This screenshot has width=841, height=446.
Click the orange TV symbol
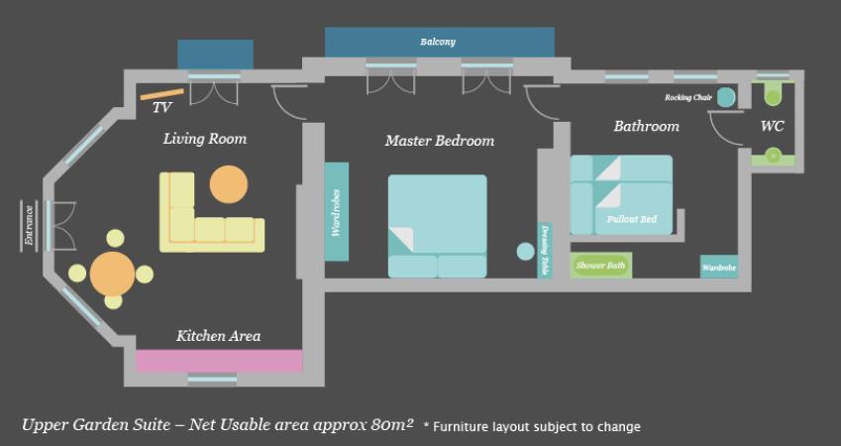pos(162,94)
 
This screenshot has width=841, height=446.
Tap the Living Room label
pos(205,139)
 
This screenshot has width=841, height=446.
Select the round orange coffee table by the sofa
pos(229,184)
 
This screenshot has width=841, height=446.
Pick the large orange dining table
pos(112,274)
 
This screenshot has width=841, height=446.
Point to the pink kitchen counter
pos(219,361)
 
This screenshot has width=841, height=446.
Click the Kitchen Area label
pos(218,336)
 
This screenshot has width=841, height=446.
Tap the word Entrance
pos(29,225)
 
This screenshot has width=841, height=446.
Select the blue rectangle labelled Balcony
pos(439,42)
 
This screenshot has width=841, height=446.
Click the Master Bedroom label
pos(439,141)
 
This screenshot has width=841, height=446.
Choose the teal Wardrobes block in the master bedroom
pos(336,212)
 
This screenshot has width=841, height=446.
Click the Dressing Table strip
pos(545,250)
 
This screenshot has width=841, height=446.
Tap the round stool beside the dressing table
pos(526,251)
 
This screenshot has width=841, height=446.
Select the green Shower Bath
pos(600,266)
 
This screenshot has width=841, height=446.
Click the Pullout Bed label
pos(631,219)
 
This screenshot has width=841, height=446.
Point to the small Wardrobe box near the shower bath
pos(719,267)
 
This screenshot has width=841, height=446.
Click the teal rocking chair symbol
pos(726,97)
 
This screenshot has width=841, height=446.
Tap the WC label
pos(773,126)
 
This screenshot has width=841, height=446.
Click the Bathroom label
pos(646,126)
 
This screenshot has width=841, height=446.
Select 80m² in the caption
pos(391,424)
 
